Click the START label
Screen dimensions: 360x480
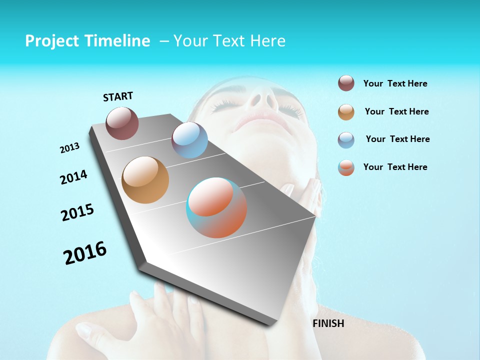(118, 96)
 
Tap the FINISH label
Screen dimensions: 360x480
(328, 323)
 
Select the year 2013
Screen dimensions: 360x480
(70, 148)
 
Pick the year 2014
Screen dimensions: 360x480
(73, 177)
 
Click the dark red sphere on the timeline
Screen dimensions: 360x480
(122, 123)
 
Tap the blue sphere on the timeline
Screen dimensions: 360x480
(189, 140)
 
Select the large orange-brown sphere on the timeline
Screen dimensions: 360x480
(145, 179)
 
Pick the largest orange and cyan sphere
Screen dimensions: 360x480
(216, 207)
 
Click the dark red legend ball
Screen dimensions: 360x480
(346, 83)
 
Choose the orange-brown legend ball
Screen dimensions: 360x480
(346, 112)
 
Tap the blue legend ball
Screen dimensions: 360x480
(346, 140)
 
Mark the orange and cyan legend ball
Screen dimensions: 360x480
(346, 167)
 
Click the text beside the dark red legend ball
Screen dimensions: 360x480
(395, 83)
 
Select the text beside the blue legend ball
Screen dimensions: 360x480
(397, 139)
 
